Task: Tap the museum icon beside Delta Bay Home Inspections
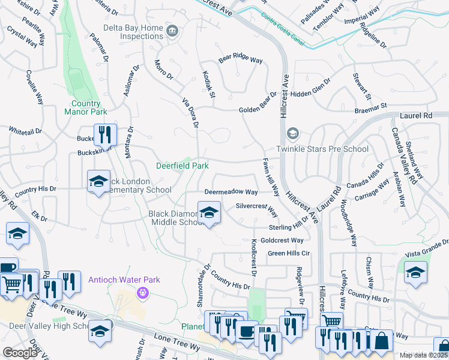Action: click(173, 31)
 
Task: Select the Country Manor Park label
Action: click(85, 107)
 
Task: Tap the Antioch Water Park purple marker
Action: click(143, 293)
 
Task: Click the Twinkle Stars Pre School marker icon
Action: click(293, 133)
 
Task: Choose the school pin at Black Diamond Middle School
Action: click(208, 212)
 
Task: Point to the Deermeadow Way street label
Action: click(231, 192)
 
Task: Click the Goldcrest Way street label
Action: click(282, 240)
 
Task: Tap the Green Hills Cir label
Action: click(289, 253)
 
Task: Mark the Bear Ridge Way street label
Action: click(241, 59)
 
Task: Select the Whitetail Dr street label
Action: click(25, 130)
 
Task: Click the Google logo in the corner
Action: click(20, 352)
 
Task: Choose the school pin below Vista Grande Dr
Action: click(415, 272)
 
